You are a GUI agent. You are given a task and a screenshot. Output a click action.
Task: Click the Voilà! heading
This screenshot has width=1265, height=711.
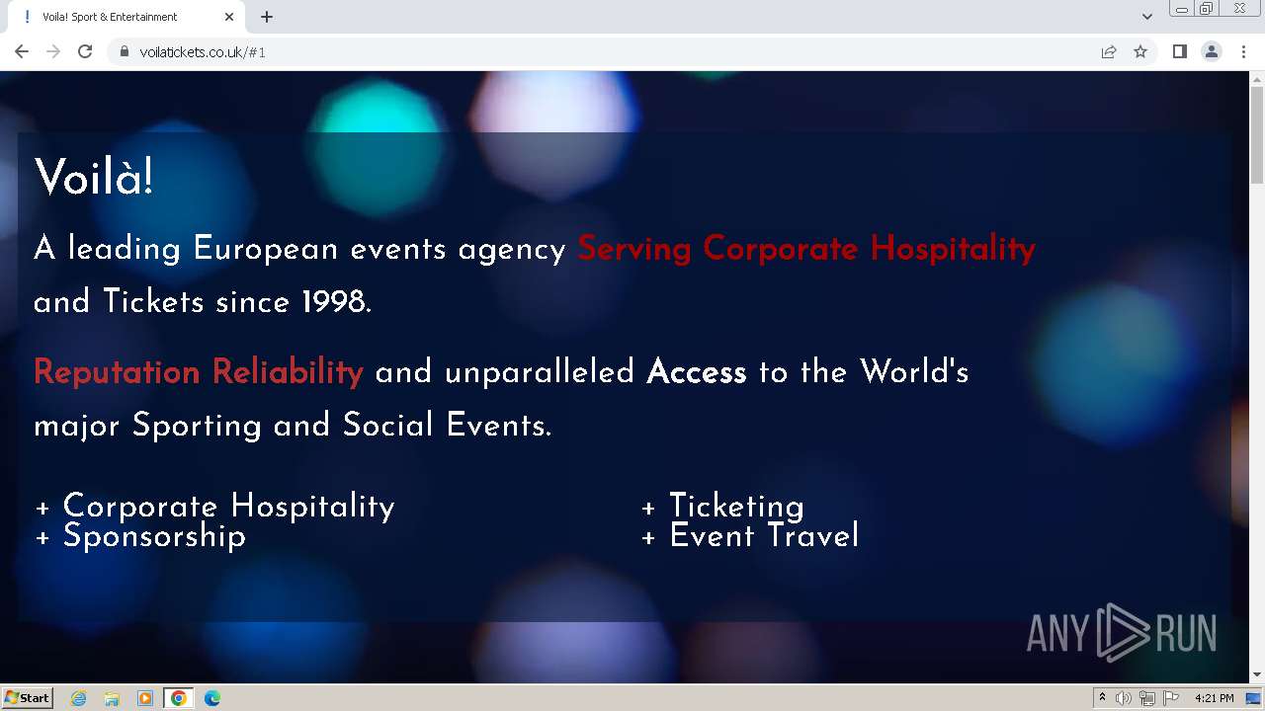(94, 177)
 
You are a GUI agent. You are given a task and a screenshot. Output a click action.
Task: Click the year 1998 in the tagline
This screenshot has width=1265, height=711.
(334, 301)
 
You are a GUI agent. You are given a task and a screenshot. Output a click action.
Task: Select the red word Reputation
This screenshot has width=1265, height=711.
(117, 372)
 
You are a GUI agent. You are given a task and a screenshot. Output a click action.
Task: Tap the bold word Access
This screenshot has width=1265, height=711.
(697, 372)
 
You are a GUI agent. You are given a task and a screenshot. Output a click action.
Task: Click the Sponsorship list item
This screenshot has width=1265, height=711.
(140, 535)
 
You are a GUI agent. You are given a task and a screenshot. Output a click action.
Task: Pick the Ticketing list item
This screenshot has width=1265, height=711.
(722, 507)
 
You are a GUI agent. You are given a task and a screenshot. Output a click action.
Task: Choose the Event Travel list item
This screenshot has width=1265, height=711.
(750, 535)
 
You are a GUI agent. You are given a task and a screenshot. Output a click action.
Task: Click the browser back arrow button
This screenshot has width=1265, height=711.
(22, 52)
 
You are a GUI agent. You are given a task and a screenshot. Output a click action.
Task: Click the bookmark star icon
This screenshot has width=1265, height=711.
(1140, 52)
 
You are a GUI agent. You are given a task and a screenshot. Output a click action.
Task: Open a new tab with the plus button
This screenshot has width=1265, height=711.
(267, 17)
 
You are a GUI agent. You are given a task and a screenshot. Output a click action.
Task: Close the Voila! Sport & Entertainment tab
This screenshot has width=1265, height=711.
(228, 17)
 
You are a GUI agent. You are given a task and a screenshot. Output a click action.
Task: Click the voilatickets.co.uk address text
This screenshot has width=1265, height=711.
(203, 52)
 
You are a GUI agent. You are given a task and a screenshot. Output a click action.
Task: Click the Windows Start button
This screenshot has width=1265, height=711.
(27, 698)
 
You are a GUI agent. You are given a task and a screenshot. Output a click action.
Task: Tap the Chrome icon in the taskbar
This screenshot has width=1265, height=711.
(179, 698)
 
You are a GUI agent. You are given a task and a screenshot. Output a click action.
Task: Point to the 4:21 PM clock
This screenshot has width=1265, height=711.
(1215, 698)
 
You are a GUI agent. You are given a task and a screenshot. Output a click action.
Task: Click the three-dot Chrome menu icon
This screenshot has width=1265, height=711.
(1243, 52)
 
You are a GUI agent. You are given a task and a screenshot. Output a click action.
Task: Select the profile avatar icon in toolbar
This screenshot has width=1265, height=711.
(1212, 52)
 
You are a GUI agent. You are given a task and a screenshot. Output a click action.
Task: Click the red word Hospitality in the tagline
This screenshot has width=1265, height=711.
(953, 249)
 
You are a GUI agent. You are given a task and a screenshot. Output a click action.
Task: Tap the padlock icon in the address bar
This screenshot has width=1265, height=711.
(125, 52)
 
